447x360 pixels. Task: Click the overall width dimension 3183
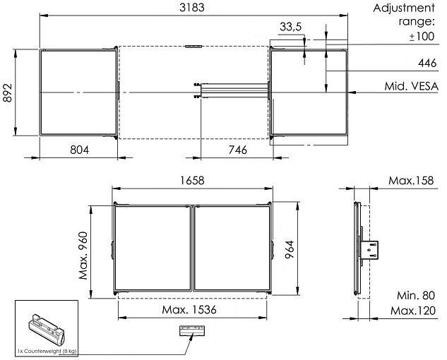pyautogui.click(x=192, y=7)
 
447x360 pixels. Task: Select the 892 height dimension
pyautogui.click(x=8, y=92)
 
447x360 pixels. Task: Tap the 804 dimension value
pyautogui.click(x=79, y=150)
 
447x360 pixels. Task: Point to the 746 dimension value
pyautogui.click(x=238, y=150)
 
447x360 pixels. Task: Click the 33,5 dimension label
pyautogui.click(x=290, y=27)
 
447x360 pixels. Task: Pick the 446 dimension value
pyautogui.click(x=427, y=63)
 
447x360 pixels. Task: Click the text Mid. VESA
pyautogui.click(x=411, y=86)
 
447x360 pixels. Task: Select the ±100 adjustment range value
pyautogui.click(x=422, y=37)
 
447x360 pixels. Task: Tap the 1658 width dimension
pyautogui.click(x=192, y=181)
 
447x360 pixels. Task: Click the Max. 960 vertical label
pyautogui.click(x=83, y=256)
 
